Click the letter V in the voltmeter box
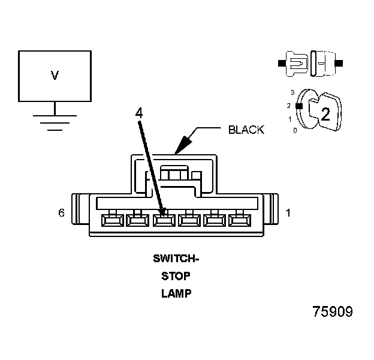[x=55, y=76]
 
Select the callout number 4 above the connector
[x=138, y=113]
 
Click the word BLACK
[x=246, y=130]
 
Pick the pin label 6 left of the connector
[x=62, y=212]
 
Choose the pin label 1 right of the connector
[x=288, y=212]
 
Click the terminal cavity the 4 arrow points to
[x=163, y=220]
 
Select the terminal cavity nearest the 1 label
[x=242, y=220]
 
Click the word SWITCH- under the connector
[x=175, y=259]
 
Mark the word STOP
[x=175, y=277]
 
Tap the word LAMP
[x=175, y=294]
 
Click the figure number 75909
[x=332, y=313]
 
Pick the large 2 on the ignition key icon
[x=324, y=115]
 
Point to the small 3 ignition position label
[x=292, y=92]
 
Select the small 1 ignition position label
[x=290, y=118]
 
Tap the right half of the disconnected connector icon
[x=324, y=62]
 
